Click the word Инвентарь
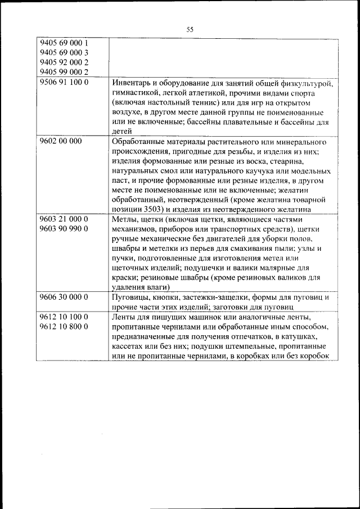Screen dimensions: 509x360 (x=132, y=83)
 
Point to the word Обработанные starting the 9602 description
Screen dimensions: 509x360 (x=138, y=142)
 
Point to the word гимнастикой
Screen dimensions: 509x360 (x=137, y=92)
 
